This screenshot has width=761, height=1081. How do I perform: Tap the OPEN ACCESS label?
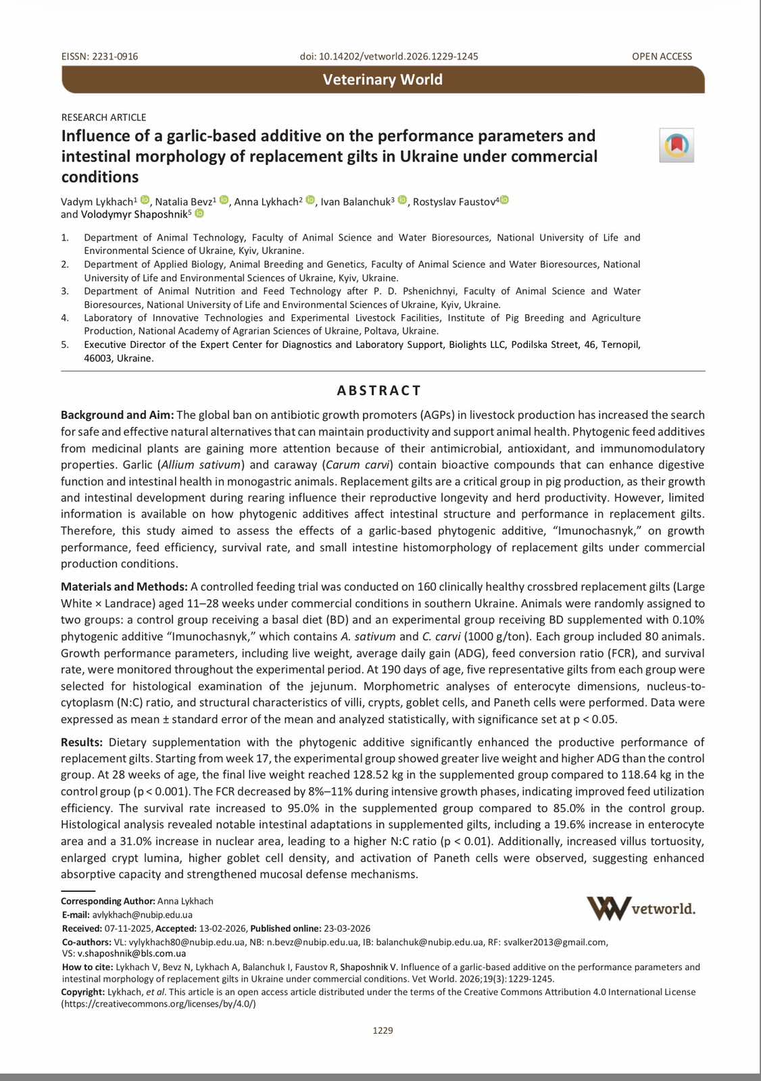click(x=662, y=57)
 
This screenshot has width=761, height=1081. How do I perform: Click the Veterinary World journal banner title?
click(x=383, y=80)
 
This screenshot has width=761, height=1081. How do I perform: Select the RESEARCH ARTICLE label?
click(x=103, y=118)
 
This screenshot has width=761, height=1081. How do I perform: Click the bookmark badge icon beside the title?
click(x=677, y=145)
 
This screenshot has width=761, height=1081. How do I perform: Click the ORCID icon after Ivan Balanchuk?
click(x=403, y=200)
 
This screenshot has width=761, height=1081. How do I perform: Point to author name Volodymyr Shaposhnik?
click(x=134, y=215)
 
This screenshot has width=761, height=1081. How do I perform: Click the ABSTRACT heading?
click(x=379, y=391)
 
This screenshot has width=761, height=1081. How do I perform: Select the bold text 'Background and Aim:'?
click(x=118, y=415)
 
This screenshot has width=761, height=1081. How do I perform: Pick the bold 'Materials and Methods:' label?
click(x=124, y=586)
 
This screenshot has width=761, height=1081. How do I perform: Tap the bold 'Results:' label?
click(x=82, y=742)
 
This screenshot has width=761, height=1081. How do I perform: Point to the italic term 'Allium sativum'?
click(x=201, y=465)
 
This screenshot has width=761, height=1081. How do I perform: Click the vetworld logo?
click(x=641, y=909)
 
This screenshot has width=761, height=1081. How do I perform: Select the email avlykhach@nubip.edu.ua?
click(x=142, y=915)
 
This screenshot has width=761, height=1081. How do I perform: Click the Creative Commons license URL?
click(x=159, y=1004)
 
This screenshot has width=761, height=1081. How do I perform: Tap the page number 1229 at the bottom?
click(x=383, y=1030)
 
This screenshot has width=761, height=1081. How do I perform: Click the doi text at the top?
click(x=389, y=57)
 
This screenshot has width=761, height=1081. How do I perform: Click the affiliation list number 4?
click(x=65, y=318)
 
